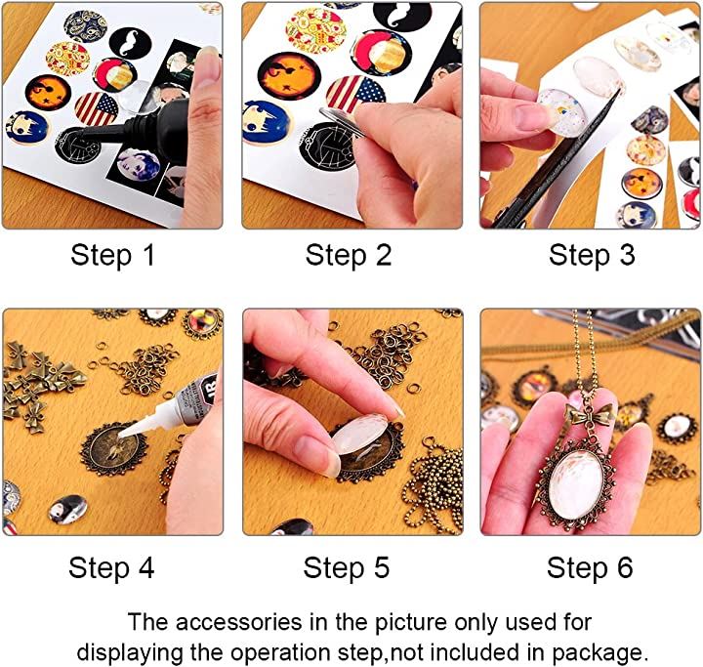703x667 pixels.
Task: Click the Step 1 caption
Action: click(x=112, y=256)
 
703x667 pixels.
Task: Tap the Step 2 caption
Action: click(x=349, y=256)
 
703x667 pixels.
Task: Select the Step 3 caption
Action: click(x=592, y=256)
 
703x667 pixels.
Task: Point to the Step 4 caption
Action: click(x=111, y=567)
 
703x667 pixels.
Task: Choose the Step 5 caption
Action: click(x=347, y=567)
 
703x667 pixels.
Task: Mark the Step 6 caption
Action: click(x=590, y=567)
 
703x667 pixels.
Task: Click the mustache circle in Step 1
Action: click(x=130, y=43)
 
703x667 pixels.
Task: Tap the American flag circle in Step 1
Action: click(x=96, y=109)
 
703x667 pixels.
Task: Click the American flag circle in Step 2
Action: click(x=355, y=94)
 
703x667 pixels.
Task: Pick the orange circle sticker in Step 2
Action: click(x=289, y=75)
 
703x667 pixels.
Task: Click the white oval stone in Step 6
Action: click(x=577, y=483)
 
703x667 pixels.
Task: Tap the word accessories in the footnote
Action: click(x=239, y=623)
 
